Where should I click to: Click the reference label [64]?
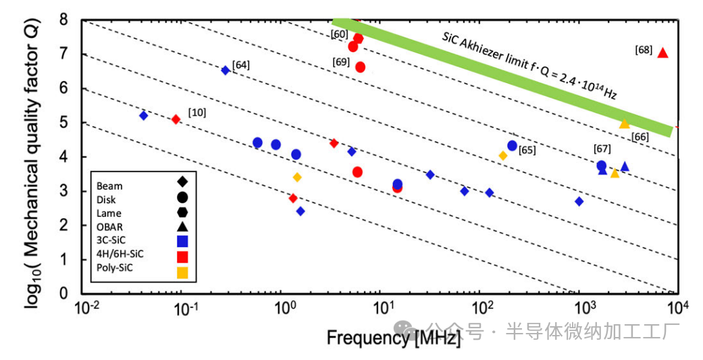click(x=241, y=66)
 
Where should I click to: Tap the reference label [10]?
click(x=198, y=111)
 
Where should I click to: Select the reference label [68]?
click(x=644, y=50)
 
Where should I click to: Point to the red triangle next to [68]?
click(x=662, y=53)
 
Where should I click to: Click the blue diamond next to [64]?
click(x=226, y=70)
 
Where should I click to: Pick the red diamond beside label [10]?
click(x=176, y=120)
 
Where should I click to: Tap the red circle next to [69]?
click(x=360, y=67)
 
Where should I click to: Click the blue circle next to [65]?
click(x=512, y=146)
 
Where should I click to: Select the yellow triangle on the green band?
click(x=625, y=124)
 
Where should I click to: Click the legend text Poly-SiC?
click(x=115, y=268)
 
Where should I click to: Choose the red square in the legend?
click(x=182, y=254)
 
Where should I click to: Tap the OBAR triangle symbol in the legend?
click(x=182, y=226)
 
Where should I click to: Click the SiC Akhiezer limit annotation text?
click(x=529, y=67)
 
